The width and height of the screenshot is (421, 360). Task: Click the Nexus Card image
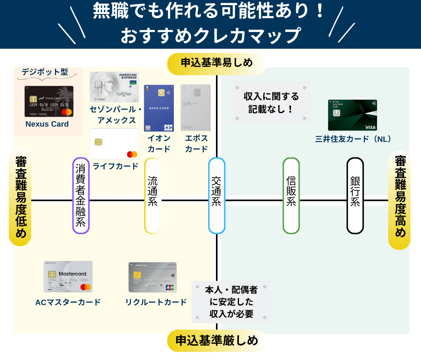[x=49, y=101]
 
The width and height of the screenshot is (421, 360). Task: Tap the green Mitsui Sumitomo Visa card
[x=352, y=115]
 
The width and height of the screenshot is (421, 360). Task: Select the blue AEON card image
[x=159, y=108]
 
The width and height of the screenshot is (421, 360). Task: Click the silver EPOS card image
[x=196, y=108]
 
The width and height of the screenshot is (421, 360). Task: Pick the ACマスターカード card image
[x=68, y=277]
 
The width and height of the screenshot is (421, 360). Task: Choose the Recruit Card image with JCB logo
[x=152, y=277]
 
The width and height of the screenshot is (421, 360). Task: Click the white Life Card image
[x=114, y=144]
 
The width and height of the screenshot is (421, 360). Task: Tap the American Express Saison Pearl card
[x=114, y=87]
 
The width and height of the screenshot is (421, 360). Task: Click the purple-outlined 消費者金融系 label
[x=81, y=196]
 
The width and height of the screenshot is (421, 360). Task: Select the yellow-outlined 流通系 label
[x=152, y=196]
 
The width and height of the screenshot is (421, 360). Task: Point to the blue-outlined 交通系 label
[x=217, y=196]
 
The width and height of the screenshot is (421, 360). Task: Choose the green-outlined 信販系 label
[x=291, y=196]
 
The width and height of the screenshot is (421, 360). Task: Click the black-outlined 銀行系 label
[x=355, y=196]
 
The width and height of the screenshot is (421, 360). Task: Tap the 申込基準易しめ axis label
[x=216, y=62]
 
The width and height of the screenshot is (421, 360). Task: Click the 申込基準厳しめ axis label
[x=216, y=341]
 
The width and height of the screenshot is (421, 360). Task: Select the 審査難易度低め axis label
[x=20, y=197]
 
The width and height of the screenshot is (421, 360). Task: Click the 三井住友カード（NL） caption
[x=353, y=139]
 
